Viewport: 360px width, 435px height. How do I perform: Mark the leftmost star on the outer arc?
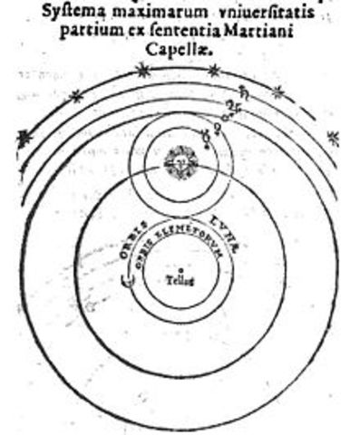tap(23, 138)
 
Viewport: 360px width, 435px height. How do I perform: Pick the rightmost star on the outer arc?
tap(333, 138)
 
